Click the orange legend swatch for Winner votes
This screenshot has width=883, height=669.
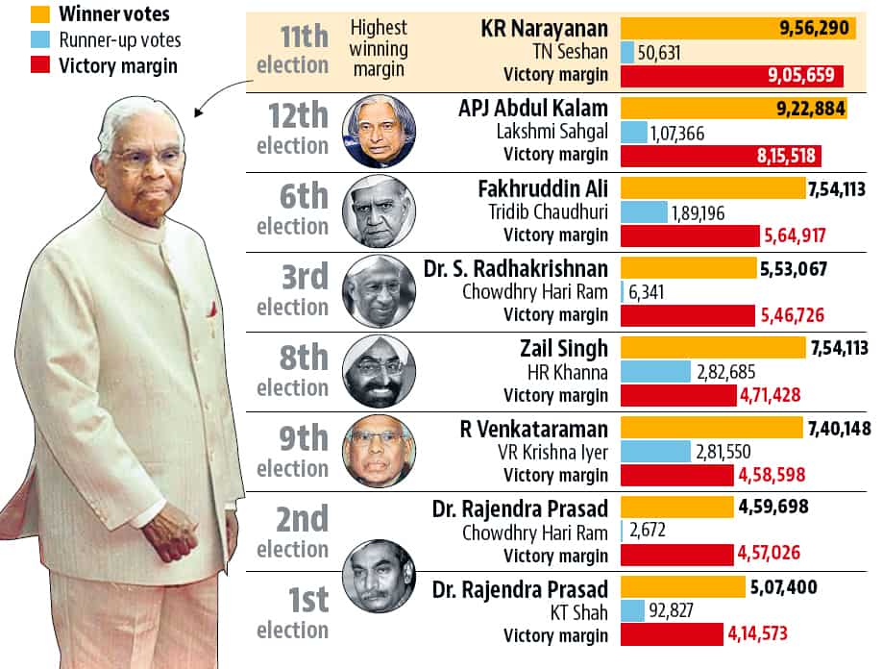13,14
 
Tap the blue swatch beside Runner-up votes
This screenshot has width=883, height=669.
13,40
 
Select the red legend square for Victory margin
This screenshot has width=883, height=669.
13,66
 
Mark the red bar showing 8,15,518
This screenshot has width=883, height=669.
721,156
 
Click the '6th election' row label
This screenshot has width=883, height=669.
292,211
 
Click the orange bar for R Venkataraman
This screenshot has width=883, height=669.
712,427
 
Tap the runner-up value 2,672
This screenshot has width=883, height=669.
647,532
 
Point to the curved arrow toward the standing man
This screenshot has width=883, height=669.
215,96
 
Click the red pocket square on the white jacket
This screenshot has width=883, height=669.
209,310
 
